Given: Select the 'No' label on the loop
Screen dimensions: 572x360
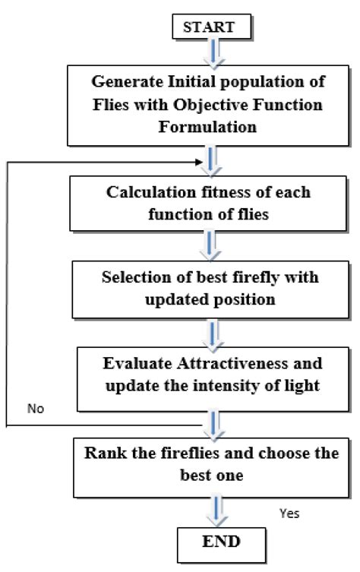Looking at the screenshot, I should point(36,409).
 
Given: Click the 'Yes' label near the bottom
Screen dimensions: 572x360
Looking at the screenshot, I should point(289,514).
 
